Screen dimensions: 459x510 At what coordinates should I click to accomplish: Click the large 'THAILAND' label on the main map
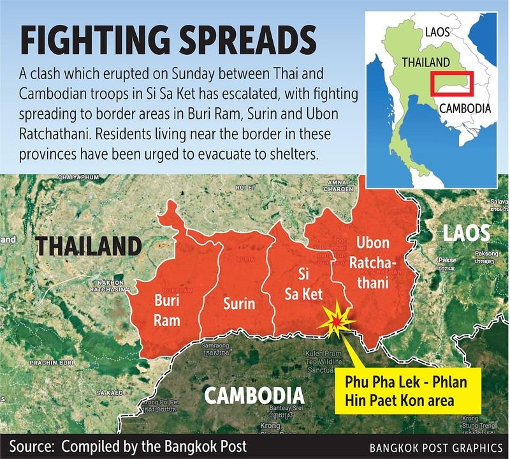[x=87, y=246]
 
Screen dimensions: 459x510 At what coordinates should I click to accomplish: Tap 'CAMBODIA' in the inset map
[x=465, y=108]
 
